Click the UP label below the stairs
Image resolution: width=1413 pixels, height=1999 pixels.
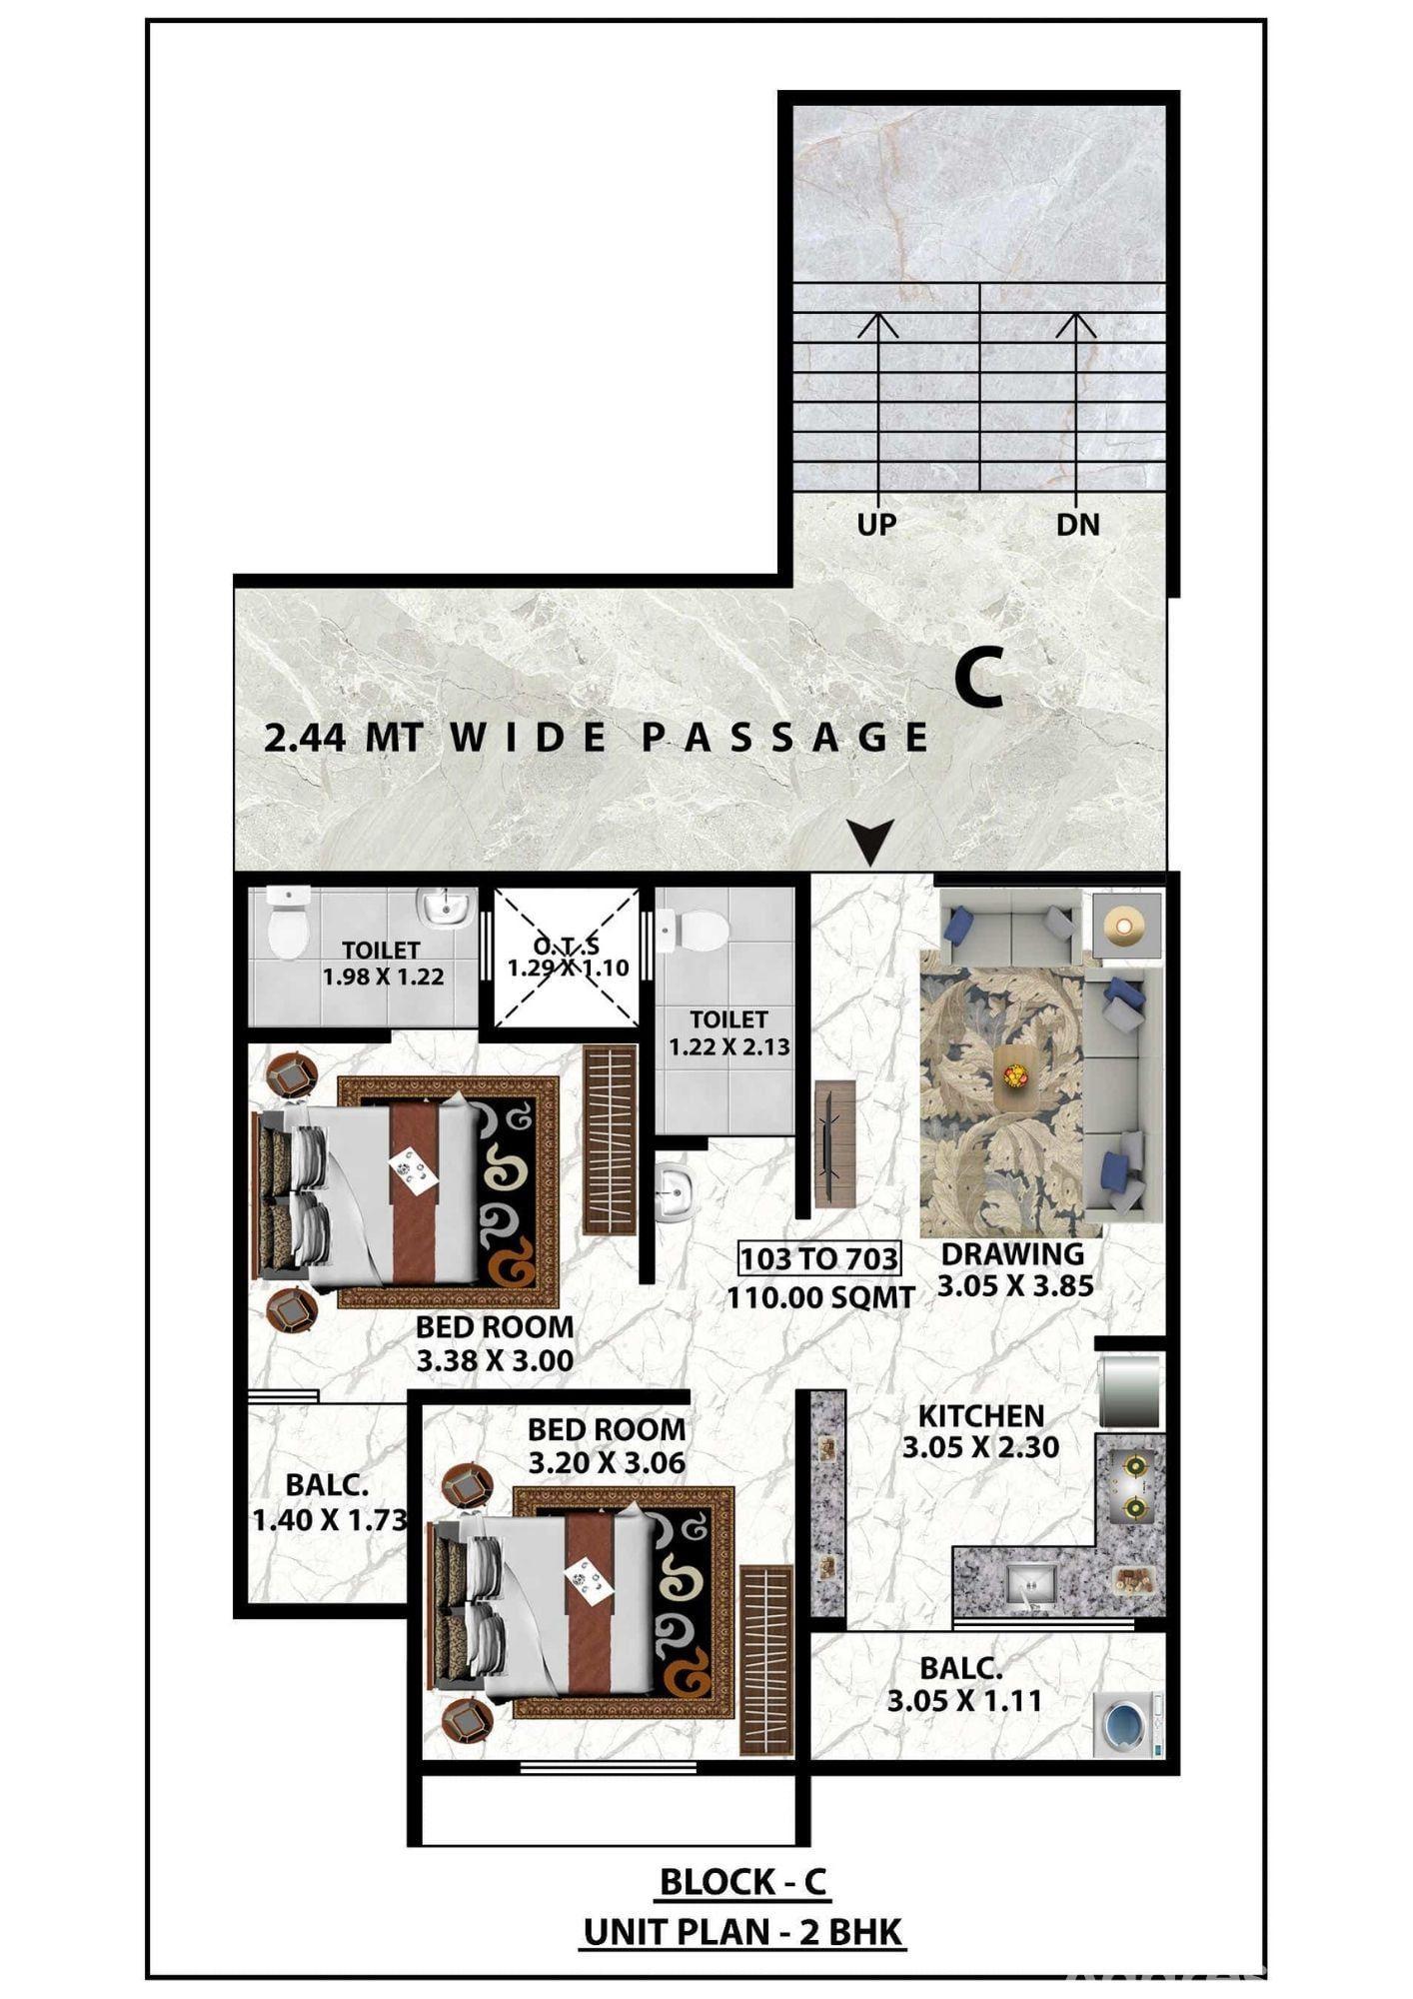pyautogui.click(x=876, y=524)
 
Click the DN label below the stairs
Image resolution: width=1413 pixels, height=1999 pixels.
pyautogui.click(x=1077, y=524)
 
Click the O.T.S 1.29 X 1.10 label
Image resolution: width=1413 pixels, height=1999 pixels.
pyautogui.click(x=568, y=957)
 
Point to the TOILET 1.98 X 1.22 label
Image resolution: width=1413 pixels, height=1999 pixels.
pyautogui.click(x=383, y=964)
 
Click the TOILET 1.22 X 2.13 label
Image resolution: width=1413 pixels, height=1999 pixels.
pyautogui.click(x=728, y=1033)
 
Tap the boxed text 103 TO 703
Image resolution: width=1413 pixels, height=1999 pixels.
pyautogui.click(x=819, y=1258)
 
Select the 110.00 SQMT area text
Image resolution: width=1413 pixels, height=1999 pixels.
pyautogui.click(x=820, y=1297)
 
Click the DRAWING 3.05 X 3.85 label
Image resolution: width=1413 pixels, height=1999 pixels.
pyautogui.click(x=1014, y=1269)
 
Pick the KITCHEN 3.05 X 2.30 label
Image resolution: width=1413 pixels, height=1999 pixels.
pyautogui.click(x=980, y=1431)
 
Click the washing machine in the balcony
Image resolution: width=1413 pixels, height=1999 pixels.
pyautogui.click(x=1128, y=1724)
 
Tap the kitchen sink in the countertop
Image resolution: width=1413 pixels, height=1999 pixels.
pyautogui.click(x=1031, y=1582)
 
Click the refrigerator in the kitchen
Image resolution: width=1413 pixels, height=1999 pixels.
pyautogui.click(x=1131, y=1390)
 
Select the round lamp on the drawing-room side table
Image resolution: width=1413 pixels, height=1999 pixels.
pyautogui.click(x=1125, y=925)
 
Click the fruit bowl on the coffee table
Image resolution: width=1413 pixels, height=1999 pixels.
pyautogui.click(x=1016, y=1075)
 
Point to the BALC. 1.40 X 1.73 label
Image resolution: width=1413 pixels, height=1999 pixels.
pyautogui.click(x=329, y=1502)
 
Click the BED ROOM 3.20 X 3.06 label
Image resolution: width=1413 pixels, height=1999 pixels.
pyautogui.click(x=607, y=1445)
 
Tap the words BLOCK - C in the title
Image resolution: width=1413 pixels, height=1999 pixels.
pyautogui.click(x=743, y=1882)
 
